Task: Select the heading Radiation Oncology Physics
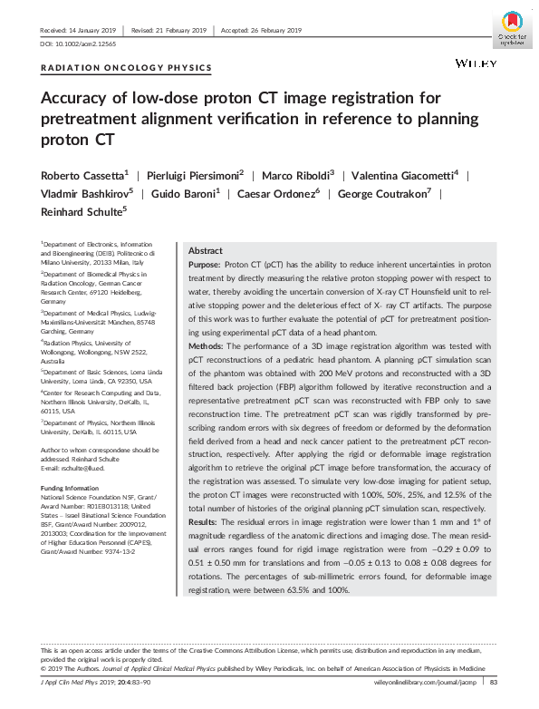pyautogui.click(x=127, y=68)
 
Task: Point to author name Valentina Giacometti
pyautogui.click(x=407, y=173)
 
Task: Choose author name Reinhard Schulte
pyautogui.click(x=82, y=211)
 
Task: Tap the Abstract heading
pyautogui.click(x=205, y=251)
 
